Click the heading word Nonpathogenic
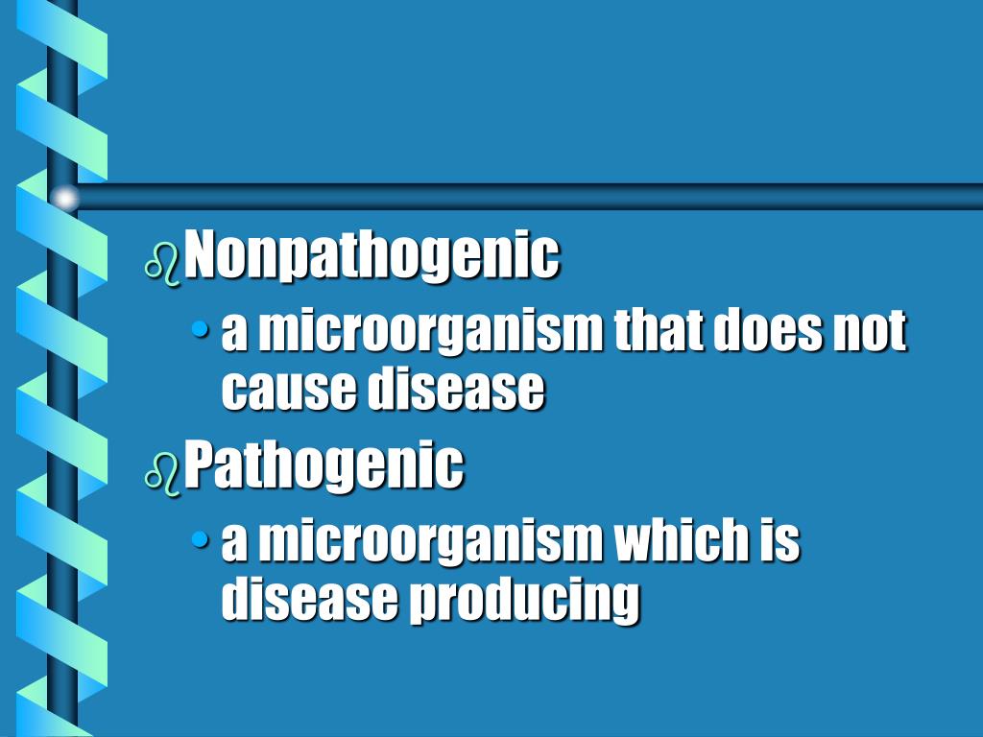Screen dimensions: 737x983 (x=372, y=256)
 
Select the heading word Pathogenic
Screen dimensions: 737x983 (x=324, y=466)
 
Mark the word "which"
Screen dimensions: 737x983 (x=678, y=542)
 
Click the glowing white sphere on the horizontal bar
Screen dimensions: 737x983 (x=64, y=199)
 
